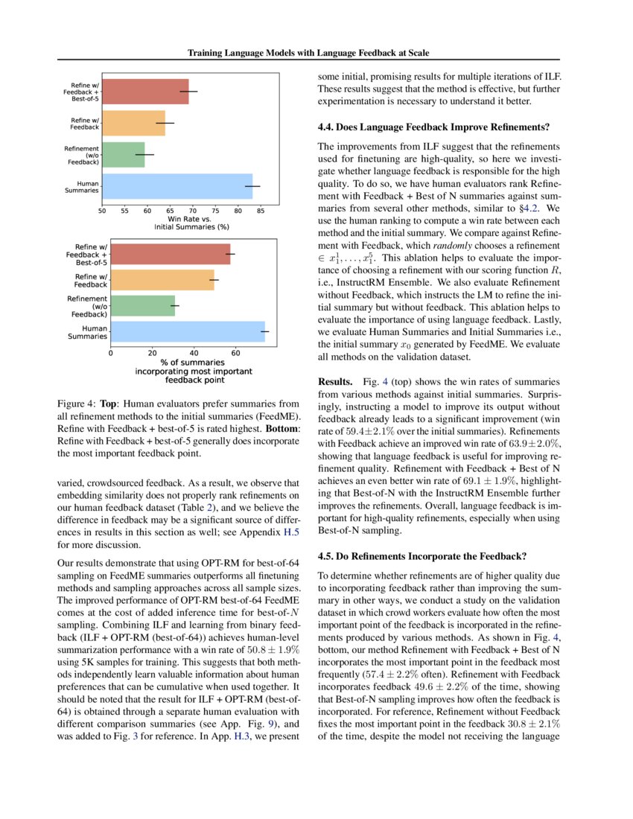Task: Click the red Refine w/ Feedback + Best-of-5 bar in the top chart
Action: [x=145, y=92]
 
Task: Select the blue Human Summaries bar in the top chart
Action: [x=176, y=186]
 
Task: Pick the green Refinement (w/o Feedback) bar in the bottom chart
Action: [x=143, y=306]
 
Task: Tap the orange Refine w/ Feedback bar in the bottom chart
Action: [x=162, y=280]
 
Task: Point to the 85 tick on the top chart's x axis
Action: [x=261, y=211]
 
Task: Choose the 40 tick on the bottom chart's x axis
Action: [x=194, y=353]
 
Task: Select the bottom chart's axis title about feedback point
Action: [x=194, y=371]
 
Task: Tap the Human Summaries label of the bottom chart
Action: [x=88, y=332]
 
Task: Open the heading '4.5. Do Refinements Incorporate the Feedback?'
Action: [x=422, y=555]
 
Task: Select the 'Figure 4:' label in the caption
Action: [x=77, y=404]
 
